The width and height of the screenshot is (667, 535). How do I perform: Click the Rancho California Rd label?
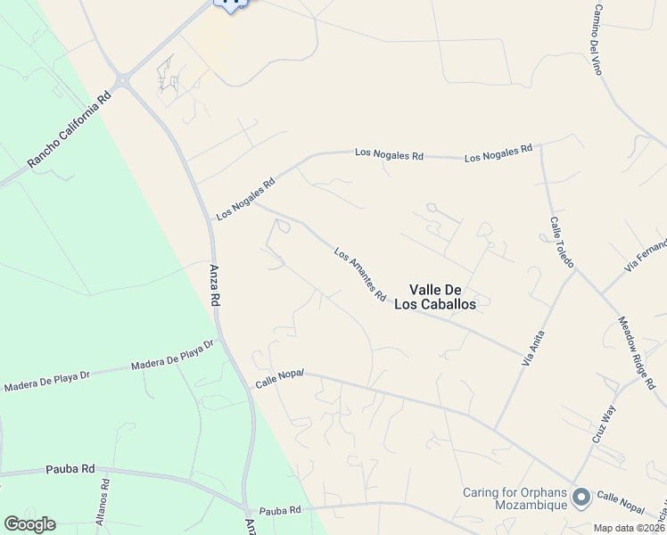tap(67, 129)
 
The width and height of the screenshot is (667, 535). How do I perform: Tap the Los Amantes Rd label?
tap(360, 274)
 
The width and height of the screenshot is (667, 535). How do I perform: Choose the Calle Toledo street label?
tap(562, 243)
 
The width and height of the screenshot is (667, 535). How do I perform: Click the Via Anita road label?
tap(533, 349)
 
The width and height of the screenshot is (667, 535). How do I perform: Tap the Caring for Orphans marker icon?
tap(581, 498)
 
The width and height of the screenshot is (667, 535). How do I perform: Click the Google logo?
tap(29, 524)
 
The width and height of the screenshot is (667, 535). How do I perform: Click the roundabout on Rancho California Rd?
tap(124, 82)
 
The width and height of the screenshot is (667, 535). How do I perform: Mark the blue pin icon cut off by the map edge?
tap(230, 4)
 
